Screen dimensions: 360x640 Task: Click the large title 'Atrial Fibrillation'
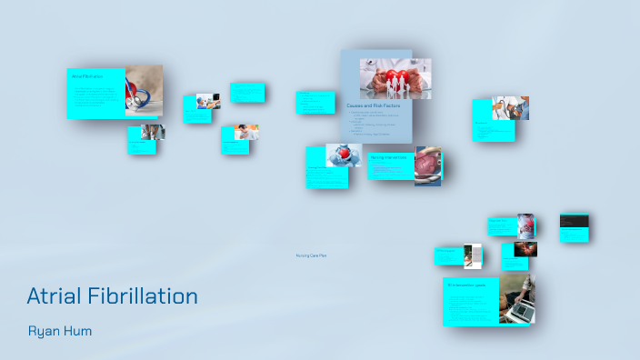click(x=112, y=296)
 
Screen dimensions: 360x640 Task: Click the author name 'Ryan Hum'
click(x=60, y=331)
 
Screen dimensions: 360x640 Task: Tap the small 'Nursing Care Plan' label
click(x=311, y=255)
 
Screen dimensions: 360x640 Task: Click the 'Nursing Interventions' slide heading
click(x=389, y=157)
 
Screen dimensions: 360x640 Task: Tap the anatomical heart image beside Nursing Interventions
click(x=427, y=166)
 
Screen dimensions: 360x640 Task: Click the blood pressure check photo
click(x=510, y=108)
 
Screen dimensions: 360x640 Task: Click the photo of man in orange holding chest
click(x=245, y=132)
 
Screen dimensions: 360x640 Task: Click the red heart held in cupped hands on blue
click(x=344, y=155)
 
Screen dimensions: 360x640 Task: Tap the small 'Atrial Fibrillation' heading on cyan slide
click(x=87, y=76)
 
